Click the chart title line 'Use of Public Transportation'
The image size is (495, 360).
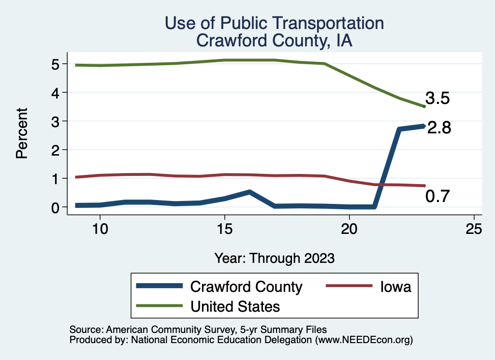point(275,23)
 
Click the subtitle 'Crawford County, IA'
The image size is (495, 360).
point(275,41)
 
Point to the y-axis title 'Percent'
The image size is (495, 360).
point(22,133)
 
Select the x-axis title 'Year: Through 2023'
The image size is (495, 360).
point(275,258)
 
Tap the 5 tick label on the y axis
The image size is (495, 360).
point(55,64)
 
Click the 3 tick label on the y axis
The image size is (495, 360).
point(55,121)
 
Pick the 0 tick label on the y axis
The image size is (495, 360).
point(55,208)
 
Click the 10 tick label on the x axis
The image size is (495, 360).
point(100,229)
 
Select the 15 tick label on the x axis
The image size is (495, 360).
point(225,229)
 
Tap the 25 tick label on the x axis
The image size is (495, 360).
point(474,229)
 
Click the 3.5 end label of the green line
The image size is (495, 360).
point(437,98)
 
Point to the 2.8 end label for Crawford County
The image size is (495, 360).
point(439,128)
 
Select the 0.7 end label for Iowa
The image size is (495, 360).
point(437,196)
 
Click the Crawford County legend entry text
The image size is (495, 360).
point(246,287)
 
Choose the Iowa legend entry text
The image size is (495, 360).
point(395,287)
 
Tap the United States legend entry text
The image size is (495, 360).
point(235,306)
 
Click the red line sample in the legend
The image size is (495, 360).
point(349,286)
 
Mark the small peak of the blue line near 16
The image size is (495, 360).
point(249,192)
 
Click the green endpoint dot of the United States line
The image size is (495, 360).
point(424,107)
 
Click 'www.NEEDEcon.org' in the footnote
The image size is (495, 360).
point(364,340)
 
